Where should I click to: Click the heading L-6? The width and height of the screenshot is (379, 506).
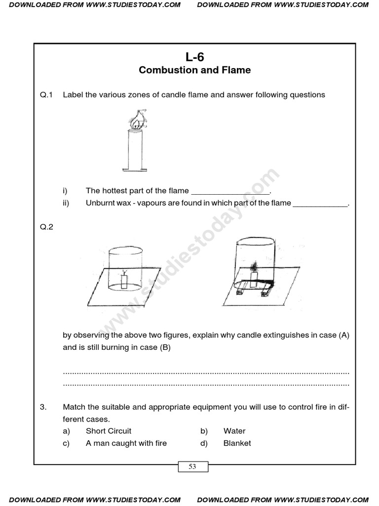(194, 57)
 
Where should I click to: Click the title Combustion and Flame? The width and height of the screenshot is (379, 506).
(194, 70)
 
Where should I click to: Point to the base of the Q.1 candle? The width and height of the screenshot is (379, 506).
(134, 169)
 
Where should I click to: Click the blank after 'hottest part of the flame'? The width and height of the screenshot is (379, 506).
(230, 191)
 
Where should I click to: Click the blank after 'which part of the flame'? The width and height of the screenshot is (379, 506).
(320, 204)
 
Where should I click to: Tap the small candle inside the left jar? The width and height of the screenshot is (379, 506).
(125, 282)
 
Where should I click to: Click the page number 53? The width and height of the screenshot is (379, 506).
(192, 466)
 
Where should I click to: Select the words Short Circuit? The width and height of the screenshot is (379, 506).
(109, 431)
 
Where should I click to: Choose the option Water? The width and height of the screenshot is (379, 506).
(234, 431)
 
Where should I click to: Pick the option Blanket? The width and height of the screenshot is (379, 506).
(237, 443)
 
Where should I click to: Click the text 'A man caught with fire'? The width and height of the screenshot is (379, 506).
(126, 443)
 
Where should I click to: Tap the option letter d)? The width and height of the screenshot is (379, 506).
(204, 443)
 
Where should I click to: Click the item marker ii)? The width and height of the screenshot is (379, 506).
(66, 203)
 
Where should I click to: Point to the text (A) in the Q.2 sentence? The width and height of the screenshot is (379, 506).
(344, 335)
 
